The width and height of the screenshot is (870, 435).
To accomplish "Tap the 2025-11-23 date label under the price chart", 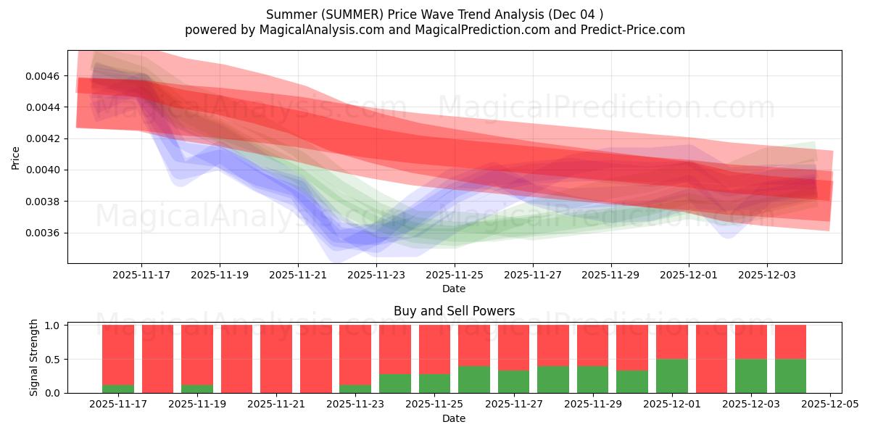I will click(376, 275).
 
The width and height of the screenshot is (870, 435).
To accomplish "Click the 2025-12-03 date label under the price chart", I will click(767, 275).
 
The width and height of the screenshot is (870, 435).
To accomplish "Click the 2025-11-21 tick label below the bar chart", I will click(276, 405).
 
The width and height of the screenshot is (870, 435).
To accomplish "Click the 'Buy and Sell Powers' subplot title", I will click(454, 311).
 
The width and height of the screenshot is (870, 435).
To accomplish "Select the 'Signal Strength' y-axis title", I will click(33, 358).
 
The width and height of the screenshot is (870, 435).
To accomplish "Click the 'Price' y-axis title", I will click(16, 157).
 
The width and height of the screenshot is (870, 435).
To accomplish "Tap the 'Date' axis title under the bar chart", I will click(454, 418).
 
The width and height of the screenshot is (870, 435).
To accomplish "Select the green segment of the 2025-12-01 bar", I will click(672, 376).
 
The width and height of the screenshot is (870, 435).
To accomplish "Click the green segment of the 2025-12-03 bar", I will click(750, 376).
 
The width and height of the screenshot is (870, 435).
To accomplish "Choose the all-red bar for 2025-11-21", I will click(276, 359).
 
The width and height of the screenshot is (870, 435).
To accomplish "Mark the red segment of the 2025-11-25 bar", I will click(434, 349).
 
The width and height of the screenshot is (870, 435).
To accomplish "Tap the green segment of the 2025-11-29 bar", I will click(592, 379).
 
